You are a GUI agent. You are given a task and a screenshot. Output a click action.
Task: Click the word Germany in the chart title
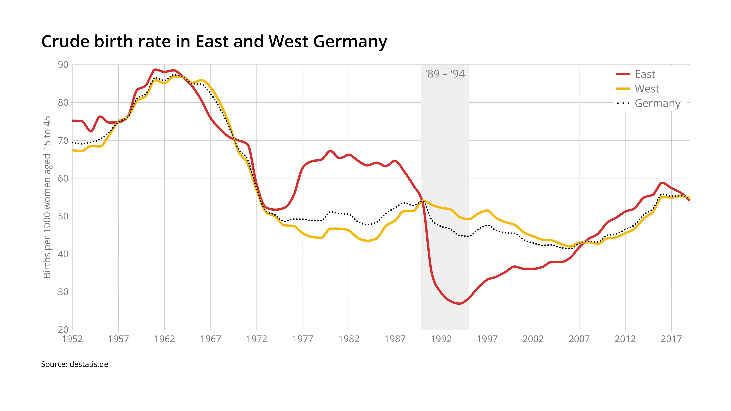(x=350, y=41)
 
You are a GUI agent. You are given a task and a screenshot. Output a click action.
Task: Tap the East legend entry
(x=645, y=74)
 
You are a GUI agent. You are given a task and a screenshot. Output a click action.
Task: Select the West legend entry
(x=647, y=89)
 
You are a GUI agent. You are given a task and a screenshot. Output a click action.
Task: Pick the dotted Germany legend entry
(x=657, y=103)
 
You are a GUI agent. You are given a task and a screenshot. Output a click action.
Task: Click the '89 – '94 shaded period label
(x=445, y=74)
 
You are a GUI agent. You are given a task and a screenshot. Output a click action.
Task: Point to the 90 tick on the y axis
(x=63, y=65)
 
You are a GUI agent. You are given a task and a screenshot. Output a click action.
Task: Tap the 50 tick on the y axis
(x=63, y=216)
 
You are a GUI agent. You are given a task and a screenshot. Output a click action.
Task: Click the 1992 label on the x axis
(x=441, y=339)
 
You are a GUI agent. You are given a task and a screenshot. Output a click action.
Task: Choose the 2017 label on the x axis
(x=671, y=339)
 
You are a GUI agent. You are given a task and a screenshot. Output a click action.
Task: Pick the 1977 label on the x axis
(x=303, y=339)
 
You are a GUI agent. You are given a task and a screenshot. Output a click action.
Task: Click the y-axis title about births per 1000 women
(x=47, y=197)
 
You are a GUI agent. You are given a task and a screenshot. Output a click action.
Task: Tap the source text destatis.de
(x=75, y=364)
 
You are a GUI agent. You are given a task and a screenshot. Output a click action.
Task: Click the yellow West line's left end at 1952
(x=73, y=150)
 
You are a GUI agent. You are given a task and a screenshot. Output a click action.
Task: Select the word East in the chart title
(x=212, y=41)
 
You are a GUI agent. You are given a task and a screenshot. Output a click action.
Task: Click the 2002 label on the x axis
(x=533, y=339)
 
